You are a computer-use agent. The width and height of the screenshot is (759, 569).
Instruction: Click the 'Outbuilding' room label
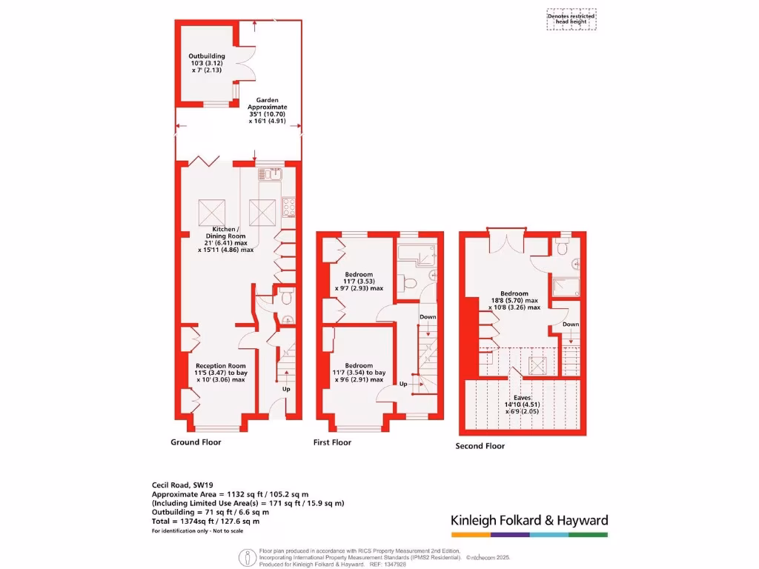coord(206,56)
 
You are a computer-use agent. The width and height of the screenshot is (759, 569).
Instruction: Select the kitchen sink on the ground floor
coord(268,175)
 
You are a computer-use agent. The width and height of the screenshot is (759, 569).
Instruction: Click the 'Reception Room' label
coord(220,365)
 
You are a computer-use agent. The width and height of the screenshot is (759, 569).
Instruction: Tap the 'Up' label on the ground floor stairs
coord(285,388)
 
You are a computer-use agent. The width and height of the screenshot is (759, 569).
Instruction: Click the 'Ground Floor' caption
coord(196,442)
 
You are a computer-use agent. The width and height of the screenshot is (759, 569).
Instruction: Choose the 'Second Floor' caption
coord(480,446)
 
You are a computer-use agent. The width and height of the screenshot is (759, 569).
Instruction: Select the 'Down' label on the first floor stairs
coord(428,317)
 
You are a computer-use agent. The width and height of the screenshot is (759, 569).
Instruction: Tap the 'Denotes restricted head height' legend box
coord(571,19)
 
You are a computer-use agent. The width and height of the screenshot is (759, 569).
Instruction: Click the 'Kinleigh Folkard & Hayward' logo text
coord(529,520)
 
